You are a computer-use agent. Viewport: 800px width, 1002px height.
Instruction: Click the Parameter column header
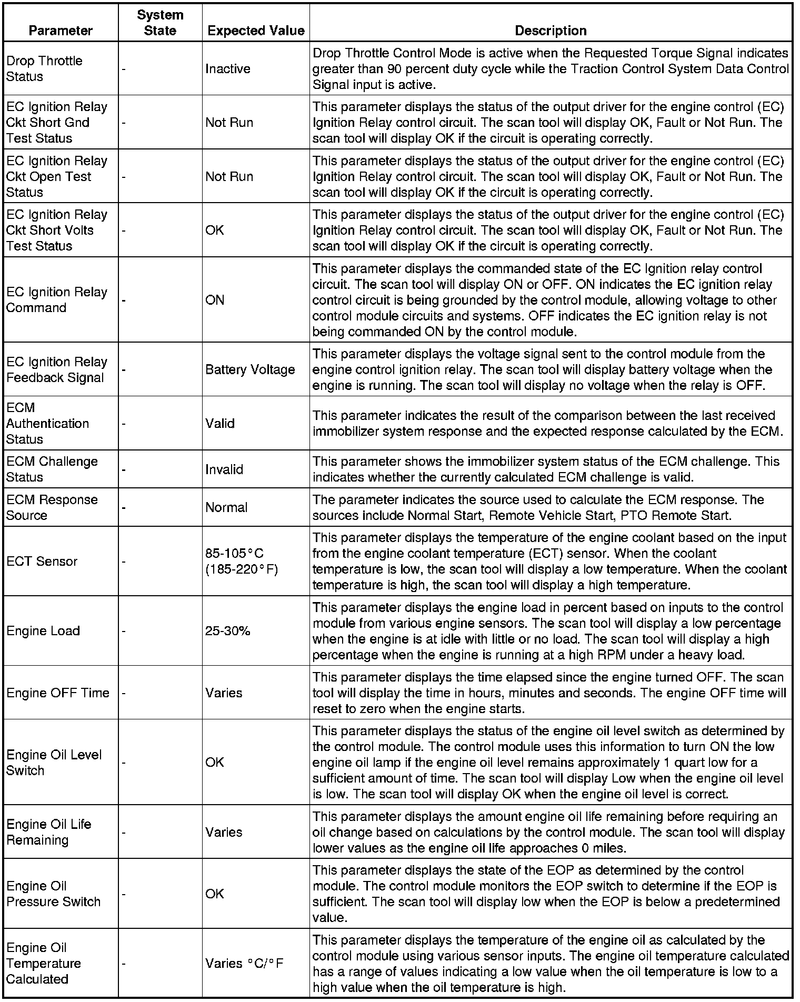61,31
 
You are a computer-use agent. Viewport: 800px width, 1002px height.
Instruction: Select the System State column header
160,23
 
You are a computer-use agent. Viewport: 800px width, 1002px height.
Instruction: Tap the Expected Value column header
256,31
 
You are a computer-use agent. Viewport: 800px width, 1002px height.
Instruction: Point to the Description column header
551,31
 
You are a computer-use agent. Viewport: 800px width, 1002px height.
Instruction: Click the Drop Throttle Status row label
44,68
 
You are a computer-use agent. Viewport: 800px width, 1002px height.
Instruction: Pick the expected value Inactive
227,69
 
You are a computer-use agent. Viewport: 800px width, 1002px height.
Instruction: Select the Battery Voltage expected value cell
250,369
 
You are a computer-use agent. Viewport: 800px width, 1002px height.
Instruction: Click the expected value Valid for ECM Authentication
220,423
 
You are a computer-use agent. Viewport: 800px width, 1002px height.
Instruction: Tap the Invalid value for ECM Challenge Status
224,469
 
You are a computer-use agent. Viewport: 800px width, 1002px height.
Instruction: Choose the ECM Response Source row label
52,507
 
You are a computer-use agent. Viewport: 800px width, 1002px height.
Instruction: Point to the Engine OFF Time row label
58,693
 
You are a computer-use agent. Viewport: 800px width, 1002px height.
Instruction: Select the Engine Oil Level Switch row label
54,763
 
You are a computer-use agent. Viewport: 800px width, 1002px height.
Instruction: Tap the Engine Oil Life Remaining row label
48,832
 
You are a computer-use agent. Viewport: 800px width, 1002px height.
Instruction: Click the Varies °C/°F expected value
244,964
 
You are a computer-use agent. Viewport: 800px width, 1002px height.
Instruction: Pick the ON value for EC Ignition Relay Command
215,300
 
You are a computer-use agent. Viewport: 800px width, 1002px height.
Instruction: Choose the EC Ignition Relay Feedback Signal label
56,369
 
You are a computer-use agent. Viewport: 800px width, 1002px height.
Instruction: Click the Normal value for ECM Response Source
226,507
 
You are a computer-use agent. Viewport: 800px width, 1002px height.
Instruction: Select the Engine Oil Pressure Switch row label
53,894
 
